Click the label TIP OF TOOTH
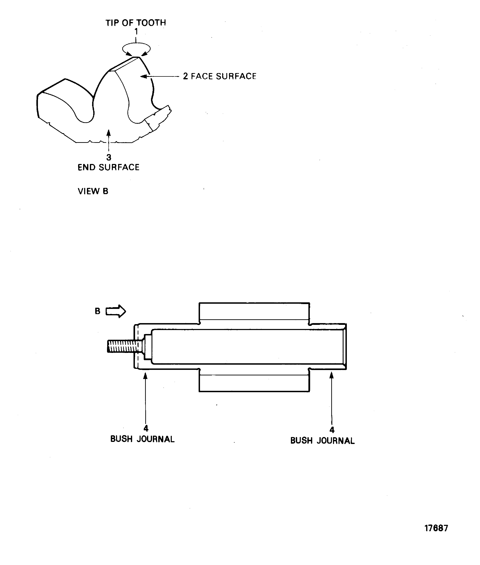[x=136, y=23]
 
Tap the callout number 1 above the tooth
[x=136, y=32]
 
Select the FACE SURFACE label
[x=223, y=76]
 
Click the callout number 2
[x=185, y=76]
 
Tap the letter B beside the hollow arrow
[x=97, y=311]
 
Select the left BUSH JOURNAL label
[x=142, y=439]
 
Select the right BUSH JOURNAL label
[x=322, y=441]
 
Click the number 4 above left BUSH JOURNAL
[x=146, y=429]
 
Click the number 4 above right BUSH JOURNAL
[x=332, y=430]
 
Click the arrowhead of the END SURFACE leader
[x=109, y=132]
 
